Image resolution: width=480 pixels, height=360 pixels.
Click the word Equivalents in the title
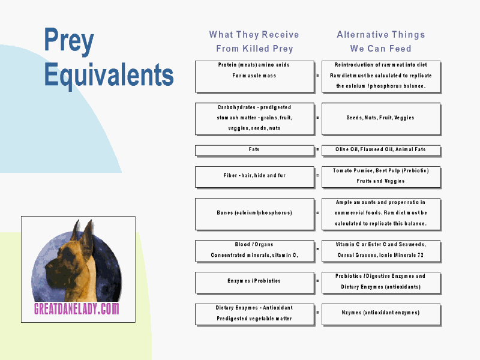109,75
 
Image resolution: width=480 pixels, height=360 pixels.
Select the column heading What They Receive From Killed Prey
254,41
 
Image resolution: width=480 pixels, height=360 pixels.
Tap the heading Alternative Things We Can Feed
381,41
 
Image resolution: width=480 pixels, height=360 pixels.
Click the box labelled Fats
254,151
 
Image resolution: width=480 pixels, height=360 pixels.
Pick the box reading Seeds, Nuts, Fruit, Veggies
381,119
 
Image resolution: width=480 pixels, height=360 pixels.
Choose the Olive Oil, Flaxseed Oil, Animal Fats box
381,151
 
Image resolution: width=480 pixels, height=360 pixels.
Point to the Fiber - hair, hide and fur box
254,177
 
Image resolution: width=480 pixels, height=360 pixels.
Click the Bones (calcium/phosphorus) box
254,214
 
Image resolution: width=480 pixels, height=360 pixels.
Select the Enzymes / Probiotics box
254,283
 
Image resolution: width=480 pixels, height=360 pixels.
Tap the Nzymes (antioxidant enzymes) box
381,314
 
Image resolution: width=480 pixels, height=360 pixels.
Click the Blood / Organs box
254,251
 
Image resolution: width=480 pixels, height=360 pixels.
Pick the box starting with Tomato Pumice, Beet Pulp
381,177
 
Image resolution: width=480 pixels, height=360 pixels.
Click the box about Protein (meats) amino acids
254,77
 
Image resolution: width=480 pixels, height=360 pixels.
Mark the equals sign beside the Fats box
317,149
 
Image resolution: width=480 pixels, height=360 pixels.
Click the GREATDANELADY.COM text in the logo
77,309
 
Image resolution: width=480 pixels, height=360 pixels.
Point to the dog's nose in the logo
47,267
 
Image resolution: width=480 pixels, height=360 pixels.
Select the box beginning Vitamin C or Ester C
381,251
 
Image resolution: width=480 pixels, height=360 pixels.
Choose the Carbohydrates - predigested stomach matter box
254,119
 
